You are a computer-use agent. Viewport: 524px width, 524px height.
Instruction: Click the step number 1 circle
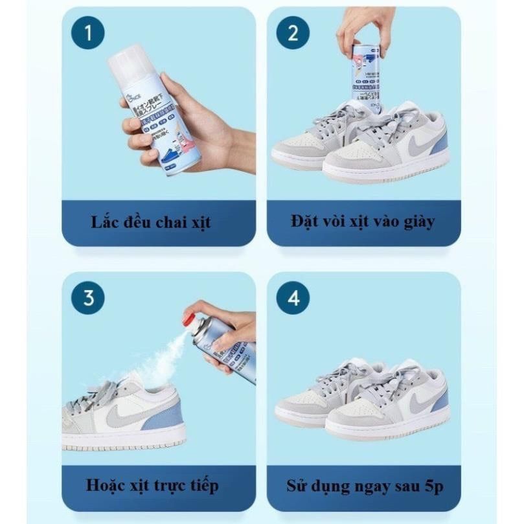pos(87,33)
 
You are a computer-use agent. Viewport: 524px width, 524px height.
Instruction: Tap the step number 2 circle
pos(293,33)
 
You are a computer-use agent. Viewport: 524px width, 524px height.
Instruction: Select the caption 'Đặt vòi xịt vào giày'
pos(363,222)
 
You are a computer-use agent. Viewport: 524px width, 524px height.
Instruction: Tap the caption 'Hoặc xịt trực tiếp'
pos(152,484)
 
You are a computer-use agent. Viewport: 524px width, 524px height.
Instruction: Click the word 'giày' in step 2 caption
pos(418,222)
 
